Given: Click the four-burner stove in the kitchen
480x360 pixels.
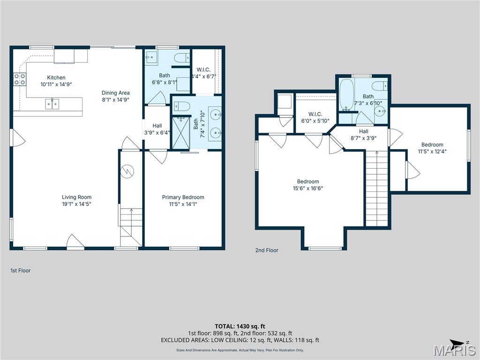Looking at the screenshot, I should click(x=19, y=79).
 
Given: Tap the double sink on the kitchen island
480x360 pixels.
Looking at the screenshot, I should click(x=52, y=104).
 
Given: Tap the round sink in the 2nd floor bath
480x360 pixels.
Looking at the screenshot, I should click(x=381, y=112).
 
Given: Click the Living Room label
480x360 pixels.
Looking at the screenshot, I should click(x=76, y=197).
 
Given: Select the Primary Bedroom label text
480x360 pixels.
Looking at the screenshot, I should click(x=183, y=197).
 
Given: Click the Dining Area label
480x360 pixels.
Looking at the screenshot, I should click(x=115, y=93).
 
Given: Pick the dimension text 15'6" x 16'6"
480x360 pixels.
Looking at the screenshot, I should click(x=308, y=188).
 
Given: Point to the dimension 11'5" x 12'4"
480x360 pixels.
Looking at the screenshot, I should click(x=432, y=151).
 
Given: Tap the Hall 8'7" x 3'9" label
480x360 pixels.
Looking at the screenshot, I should click(x=364, y=135).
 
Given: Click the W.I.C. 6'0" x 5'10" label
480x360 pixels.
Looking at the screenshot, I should click(x=315, y=117).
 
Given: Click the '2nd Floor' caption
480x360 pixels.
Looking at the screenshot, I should click(x=267, y=250).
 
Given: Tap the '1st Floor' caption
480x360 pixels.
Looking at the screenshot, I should click(x=20, y=270).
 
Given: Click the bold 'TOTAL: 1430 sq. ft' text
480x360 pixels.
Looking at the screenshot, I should click(x=240, y=326).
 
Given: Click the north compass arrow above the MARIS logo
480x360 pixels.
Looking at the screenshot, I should click(x=457, y=343).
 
